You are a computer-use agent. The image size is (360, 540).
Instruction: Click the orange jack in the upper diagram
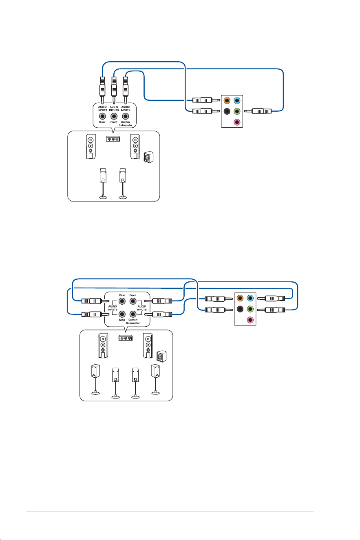point(227,100)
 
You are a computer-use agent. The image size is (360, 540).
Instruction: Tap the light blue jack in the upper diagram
point(237,100)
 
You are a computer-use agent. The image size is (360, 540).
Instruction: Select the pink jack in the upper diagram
point(237,122)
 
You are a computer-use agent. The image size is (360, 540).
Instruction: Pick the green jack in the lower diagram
point(250,309)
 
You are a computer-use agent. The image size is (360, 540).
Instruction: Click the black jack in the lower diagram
point(240,309)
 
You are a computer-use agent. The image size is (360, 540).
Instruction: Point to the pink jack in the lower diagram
point(250,320)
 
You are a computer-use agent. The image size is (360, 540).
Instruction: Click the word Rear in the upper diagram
point(102,122)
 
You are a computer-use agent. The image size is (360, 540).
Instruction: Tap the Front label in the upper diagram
point(114,122)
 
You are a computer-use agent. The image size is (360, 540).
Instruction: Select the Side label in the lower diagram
point(122,320)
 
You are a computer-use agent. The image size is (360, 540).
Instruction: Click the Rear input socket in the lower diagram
point(122,301)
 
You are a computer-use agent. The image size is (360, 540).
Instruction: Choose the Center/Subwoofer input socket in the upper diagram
point(125,116)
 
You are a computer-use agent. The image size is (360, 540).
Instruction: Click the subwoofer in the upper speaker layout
point(149,157)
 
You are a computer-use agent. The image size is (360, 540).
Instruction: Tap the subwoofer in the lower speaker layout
point(161,356)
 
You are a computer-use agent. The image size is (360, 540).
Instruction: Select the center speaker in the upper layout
point(113,139)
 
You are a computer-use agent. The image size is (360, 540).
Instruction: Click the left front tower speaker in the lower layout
point(103,345)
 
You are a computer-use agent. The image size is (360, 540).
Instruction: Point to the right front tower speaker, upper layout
point(135,146)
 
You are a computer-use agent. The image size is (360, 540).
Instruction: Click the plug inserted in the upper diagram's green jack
point(258,111)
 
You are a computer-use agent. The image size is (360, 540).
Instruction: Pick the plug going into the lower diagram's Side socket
point(95,314)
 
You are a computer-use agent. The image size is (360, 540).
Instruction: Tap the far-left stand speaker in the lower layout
point(96,379)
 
